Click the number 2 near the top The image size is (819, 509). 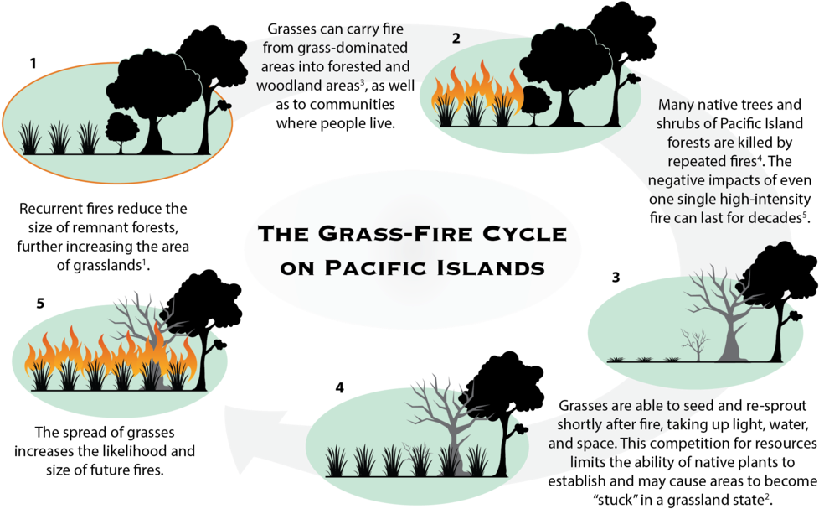(x=456, y=38)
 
